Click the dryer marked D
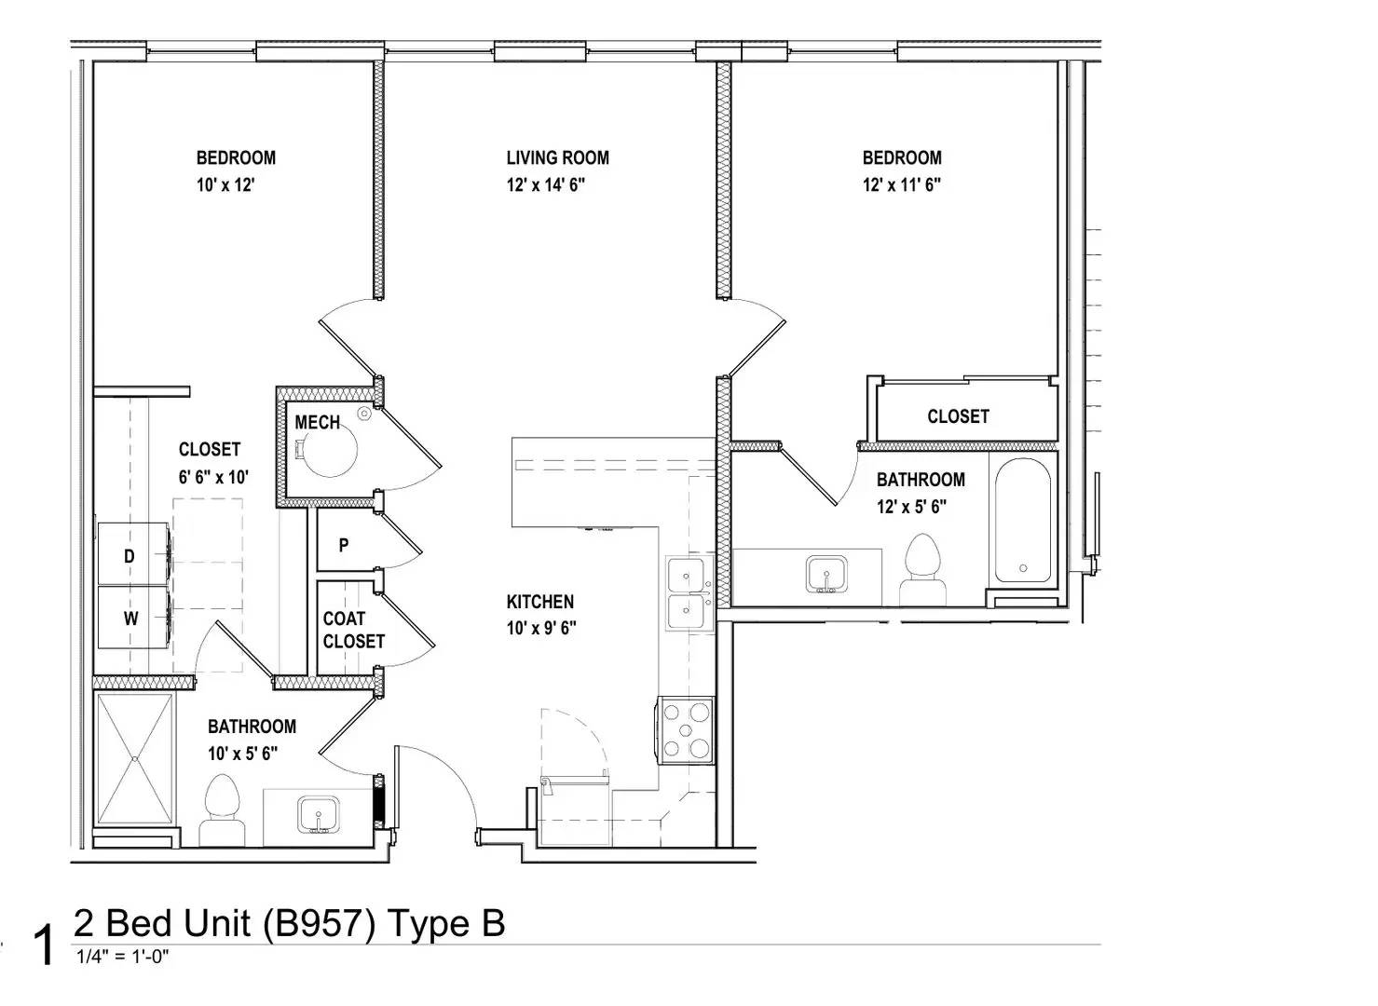click(132, 556)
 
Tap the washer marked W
click(132, 618)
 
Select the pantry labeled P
click(344, 546)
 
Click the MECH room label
click(317, 423)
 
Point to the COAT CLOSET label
click(353, 631)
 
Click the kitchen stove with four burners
click(687, 729)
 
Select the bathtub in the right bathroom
click(1022, 521)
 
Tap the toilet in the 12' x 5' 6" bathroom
click(923, 570)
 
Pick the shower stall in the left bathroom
click(135, 758)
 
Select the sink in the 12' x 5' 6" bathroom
click(825, 574)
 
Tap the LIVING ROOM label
click(557, 158)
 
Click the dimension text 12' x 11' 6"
click(901, 184)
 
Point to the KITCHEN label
click(539, 602)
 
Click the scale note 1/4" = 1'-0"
click(121, 957)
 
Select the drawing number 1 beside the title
click(43, 945)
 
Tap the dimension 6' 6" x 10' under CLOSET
click(213, 477)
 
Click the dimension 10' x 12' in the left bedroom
click(225, 184)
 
